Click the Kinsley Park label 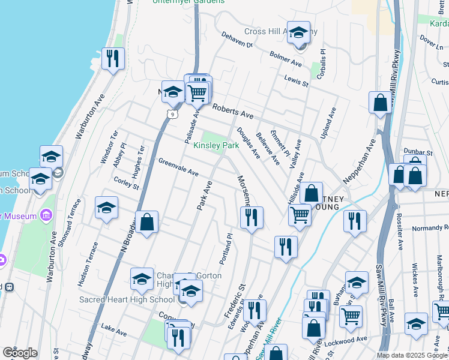click(216, 146)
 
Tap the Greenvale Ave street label click(178, 167)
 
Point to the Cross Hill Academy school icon click(298, 34)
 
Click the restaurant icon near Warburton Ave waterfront click(113, 59)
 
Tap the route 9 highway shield click(172, 113)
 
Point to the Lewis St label click(296, 81)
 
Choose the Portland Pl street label click(228, 246)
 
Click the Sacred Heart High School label click(127, 299)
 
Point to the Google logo click(20, 353)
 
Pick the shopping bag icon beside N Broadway click(146, 223)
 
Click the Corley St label click(126, 182)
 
